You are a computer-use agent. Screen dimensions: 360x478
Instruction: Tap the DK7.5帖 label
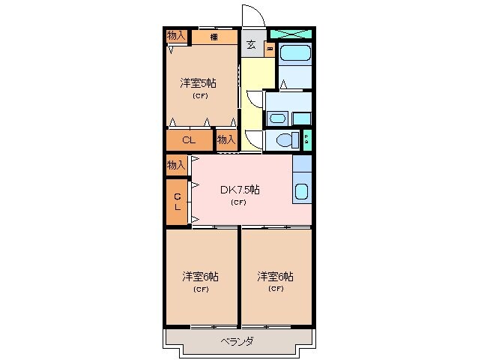pos(239,190)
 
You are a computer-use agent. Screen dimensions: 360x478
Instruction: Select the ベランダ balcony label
pos(237,342)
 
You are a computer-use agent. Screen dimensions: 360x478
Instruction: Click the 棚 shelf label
pos(214,37)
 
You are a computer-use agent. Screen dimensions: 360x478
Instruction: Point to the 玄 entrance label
pos(251,44)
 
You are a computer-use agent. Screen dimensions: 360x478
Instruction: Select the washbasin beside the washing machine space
pos(276,118)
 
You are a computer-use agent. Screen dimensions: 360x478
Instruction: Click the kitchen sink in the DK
pos(301,190)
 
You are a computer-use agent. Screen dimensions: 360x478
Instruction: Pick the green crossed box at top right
pos(290,34)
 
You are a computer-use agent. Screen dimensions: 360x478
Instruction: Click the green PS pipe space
pos(307,139)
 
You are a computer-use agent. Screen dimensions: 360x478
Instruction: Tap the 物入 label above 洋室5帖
pos(176,35)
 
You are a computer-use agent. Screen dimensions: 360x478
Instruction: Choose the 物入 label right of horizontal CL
pos(226,139)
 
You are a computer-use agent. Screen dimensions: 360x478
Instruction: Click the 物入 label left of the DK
pos(176,164)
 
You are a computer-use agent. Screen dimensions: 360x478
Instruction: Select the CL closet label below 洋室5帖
pos(189,139)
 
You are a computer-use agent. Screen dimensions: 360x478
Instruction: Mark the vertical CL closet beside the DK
pos(178,202)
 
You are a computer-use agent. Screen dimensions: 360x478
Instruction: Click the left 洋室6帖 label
pos(200,277)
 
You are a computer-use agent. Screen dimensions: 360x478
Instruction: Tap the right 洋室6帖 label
pos(275,277)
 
